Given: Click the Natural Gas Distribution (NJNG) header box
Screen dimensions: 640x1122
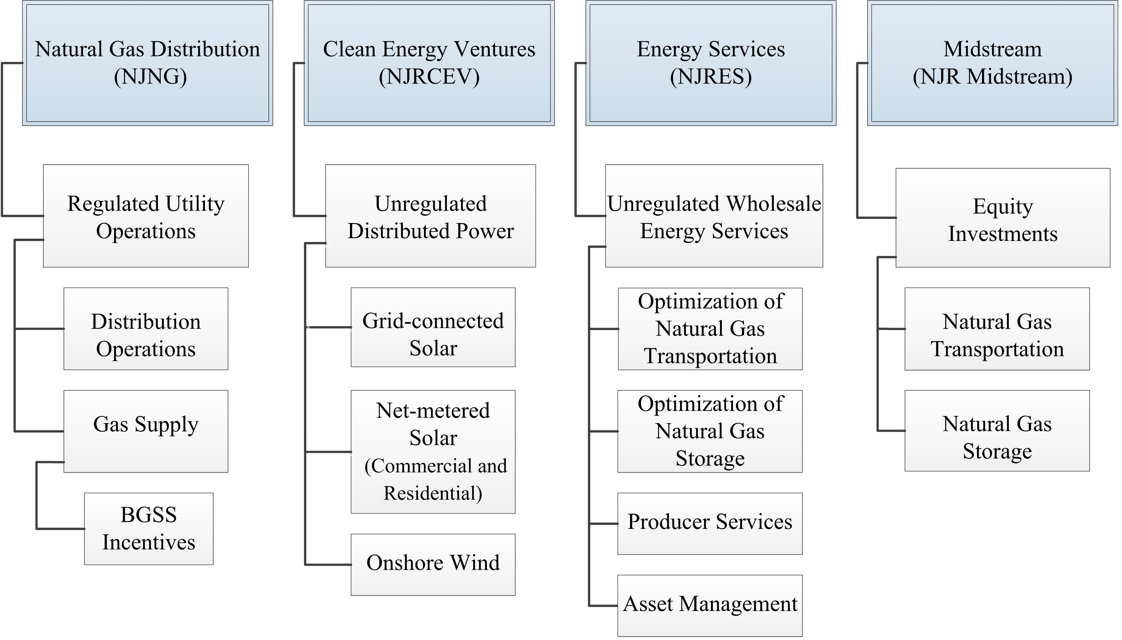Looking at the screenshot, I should pos(148,63).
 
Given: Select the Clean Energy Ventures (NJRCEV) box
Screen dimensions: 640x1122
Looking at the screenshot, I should pos(429,63).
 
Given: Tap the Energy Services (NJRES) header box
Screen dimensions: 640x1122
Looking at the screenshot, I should pos(711,63).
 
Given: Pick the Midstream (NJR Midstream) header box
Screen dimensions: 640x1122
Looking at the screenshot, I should pos(992,63).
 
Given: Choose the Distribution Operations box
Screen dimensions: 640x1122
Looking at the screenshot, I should pos(146,329).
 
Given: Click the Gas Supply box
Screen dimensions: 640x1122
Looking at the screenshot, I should pos(146,431).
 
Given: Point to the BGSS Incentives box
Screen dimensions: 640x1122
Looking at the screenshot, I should pos(148,528).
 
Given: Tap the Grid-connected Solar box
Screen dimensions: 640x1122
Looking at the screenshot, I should pos(433,327).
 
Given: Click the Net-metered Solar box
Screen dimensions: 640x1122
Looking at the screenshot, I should pos(433,452).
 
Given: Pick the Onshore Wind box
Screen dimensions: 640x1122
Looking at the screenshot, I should pos(433,564).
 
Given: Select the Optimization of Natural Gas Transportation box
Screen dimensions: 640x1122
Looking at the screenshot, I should pos(710,329).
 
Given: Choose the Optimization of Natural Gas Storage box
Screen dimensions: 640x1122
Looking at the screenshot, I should pos(710,431).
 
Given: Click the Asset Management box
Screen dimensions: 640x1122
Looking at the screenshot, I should pos(710,605).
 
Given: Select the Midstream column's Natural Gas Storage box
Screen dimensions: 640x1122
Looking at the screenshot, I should pos(997,431).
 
